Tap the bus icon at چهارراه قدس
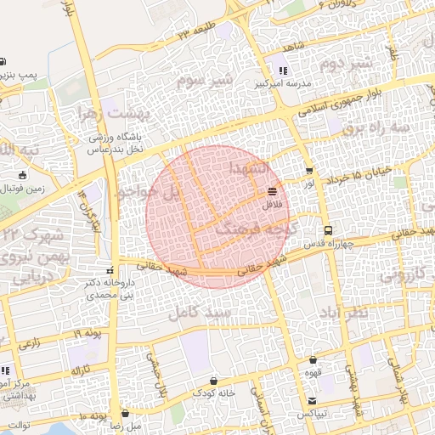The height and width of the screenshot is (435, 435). click(327, 230)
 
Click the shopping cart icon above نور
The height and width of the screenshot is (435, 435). click(308, 170)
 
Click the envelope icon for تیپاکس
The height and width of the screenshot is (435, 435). click(314, 400)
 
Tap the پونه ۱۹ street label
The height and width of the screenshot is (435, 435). click(86, 334)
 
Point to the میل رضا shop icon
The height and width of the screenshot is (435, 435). click(125, 413)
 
